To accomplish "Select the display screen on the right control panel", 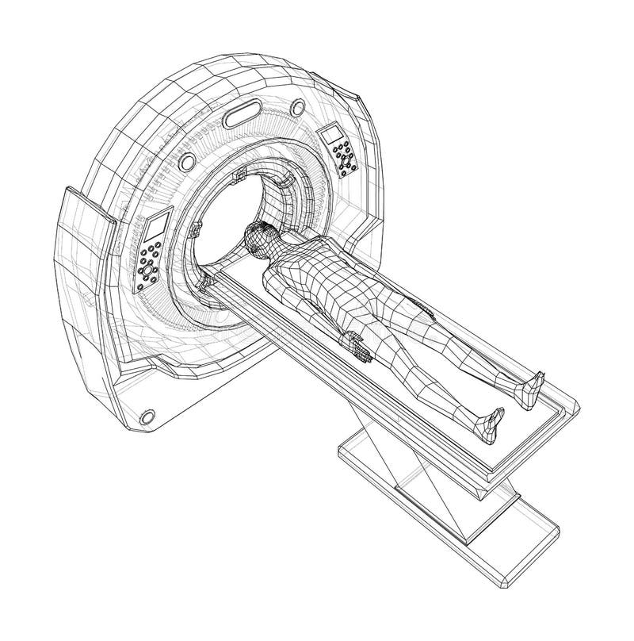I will coord(331,136).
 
